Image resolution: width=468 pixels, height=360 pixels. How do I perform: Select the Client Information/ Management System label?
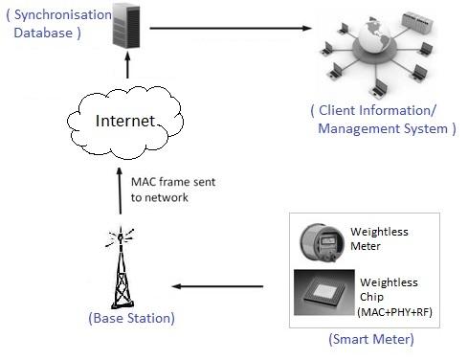click(383, 120)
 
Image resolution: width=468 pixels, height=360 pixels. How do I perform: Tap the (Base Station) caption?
click(131, 317)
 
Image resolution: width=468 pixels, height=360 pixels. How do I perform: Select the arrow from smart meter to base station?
click(217, 285)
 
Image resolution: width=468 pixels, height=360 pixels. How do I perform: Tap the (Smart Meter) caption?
click(371, 340)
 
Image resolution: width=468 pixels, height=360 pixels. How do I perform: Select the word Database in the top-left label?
click(45, 33)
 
